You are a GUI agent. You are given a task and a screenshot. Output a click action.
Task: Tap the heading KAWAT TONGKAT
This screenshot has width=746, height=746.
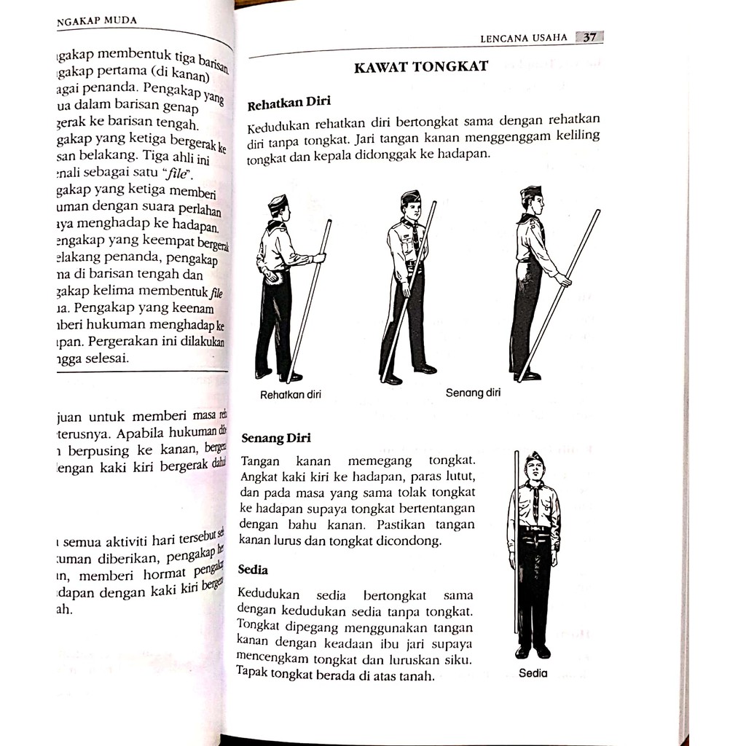tap(420, 68)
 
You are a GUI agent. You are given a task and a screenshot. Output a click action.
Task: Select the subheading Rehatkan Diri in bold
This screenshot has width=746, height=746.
tap(288, 103)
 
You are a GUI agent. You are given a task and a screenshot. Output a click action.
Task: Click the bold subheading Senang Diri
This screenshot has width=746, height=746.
tap(276, 438)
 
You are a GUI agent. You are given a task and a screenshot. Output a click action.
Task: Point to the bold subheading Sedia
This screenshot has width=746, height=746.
tap(254, 569)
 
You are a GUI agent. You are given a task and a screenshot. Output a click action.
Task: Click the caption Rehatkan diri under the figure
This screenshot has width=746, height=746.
tap(291, 395)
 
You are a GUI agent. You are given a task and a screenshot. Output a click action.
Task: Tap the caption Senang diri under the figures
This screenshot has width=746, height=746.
tap(474, 393)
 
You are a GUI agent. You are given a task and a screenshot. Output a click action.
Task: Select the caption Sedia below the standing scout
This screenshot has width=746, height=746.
tap(533, 674)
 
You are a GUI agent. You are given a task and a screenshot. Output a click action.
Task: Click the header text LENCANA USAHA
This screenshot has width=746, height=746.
tap(524, 39)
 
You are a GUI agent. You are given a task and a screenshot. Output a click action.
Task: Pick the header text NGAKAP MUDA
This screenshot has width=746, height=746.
tap(96, 20)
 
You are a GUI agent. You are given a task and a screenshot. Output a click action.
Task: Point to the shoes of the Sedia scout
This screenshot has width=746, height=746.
tap(533, 651)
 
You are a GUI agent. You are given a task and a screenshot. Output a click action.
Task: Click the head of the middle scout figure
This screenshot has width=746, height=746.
tap(412, 206)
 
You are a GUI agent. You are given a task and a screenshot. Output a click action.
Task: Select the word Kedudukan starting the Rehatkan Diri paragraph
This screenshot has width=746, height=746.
tap(275, 125)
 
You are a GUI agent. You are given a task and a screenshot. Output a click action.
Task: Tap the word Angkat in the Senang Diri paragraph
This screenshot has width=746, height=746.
tap(257, 476)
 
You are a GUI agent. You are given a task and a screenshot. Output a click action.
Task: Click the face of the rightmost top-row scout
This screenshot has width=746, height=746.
tap(537, 204)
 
